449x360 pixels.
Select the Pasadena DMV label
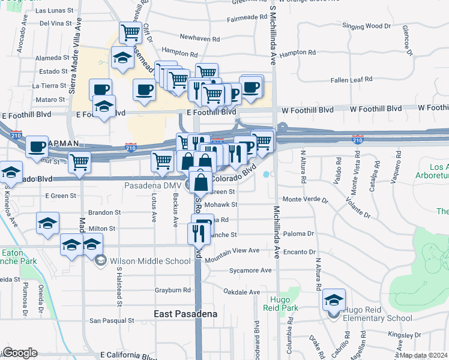152,185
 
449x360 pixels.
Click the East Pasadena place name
185,314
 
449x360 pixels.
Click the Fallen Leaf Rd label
352,79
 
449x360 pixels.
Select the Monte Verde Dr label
306,199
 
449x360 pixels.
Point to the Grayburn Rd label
173,290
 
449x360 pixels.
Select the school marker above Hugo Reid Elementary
334,299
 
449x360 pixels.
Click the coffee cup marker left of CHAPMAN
37,146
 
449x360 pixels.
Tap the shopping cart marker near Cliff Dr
130,32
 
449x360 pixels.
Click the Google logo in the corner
20,353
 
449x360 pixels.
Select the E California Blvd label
130,355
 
